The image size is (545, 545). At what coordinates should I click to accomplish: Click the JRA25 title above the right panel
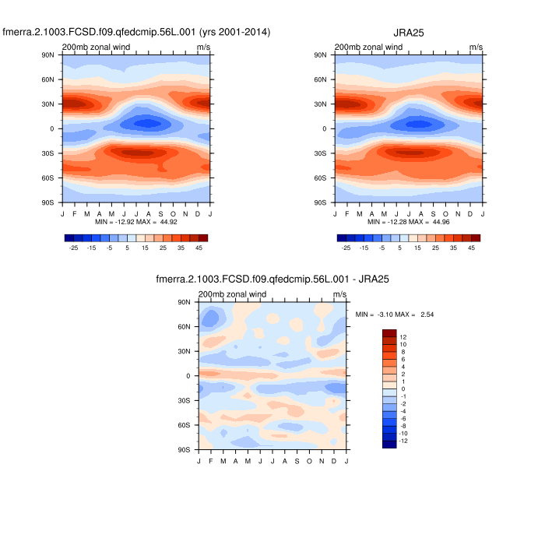[x=409, y=32]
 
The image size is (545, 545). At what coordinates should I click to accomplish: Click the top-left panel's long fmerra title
[x=136, y=32]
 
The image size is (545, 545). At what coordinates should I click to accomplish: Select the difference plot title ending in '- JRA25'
[x=272, y=279]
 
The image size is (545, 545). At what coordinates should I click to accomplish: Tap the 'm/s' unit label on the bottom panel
[x=339, y=294]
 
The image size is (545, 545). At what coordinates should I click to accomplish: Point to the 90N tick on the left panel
[x=47, y=55]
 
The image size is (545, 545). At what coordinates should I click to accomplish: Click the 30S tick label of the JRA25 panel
[x=320, y=153]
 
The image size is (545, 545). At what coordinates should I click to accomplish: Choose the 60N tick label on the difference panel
[x=184, y=326]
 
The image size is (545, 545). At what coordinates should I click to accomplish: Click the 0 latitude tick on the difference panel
[x=188, y=375]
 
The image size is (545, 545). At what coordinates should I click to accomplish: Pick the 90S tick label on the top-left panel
[x=47, y=202]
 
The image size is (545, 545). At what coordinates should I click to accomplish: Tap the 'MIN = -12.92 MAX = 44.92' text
[x=136, y=222]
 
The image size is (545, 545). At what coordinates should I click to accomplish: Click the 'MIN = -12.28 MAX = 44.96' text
[x=409, y=222]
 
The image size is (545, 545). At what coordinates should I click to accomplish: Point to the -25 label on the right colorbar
[x=346, y=248]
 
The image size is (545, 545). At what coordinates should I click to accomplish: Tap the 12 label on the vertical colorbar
[x=403, y=337]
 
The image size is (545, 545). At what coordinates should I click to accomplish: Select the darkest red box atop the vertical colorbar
[x=390, y=332]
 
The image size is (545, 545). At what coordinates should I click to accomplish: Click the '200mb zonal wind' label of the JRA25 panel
[x=368, y=47]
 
